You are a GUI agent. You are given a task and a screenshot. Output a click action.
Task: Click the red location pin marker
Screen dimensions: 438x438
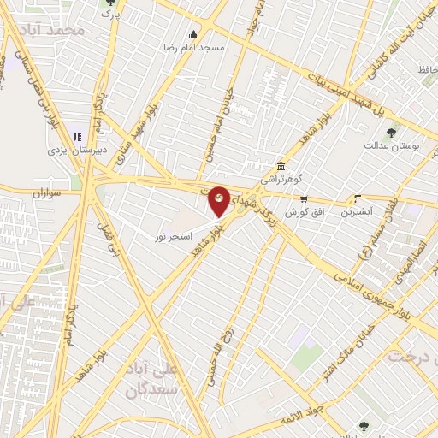tap(219, 201)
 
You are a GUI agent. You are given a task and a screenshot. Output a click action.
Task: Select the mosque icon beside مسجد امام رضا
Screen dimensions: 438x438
tap(192, 35)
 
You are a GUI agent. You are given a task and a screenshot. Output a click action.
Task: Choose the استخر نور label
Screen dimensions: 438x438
tap(174, 234)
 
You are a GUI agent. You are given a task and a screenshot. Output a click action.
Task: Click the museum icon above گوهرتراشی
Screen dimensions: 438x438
tap(281, 166)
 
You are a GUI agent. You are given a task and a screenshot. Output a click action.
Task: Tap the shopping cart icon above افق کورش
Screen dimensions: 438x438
tap(303, 198)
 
